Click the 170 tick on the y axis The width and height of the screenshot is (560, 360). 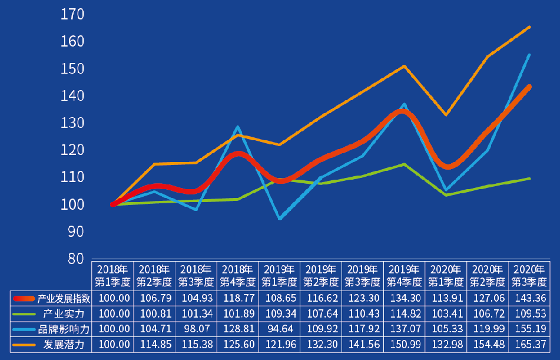tap(72, 14)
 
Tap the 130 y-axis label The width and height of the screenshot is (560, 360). tap(72, 123)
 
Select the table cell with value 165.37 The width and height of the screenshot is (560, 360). tap(529, 344)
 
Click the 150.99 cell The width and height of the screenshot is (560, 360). tap(404, 344)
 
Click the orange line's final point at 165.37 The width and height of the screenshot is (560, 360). tap(529, 27)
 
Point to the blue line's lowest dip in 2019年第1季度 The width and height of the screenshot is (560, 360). tap(280, 219)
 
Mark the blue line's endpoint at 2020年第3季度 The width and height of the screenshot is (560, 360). tap(529, 55)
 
